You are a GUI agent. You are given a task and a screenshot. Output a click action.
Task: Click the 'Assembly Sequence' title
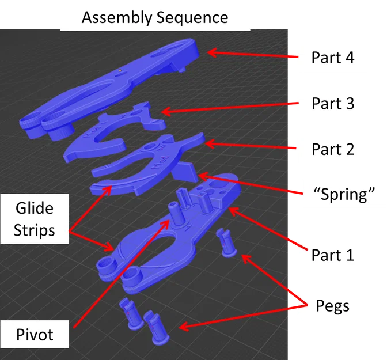pyautogui.click(x=155, y=17)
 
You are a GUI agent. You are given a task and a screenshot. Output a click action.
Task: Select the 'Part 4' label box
pyautogui.click(x=332, y=58)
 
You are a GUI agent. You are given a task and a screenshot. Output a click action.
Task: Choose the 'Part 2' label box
pyautogui.click(x=332, y=149)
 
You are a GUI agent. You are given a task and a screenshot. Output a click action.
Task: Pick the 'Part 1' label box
pyautogui.click(x=332, y=254)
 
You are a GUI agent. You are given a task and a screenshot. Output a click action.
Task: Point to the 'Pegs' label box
pyautogui.click(x=332, y=305)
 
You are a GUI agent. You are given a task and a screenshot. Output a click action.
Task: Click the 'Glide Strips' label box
pyautogui.click(x=35, y=219)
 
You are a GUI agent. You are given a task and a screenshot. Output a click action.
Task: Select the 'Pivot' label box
pyautogui.click(x=35, y=334)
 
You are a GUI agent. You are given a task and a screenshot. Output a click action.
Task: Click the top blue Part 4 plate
pyautogui.click(x=115, y=81)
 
